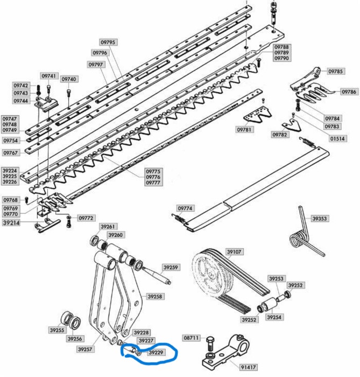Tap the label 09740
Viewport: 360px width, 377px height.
(69, 79)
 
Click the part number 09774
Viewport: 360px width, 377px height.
(185, 208)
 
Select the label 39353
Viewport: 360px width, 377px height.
(321, 219)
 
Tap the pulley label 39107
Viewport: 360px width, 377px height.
(235, 252)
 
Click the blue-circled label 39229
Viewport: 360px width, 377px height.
(156, 353)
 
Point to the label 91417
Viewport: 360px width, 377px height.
(244, 366)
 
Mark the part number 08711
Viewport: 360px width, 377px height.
(192, 338)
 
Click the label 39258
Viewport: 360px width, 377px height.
(155, 296)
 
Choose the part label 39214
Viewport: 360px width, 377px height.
(11, 222)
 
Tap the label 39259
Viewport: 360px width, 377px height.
(171, 267)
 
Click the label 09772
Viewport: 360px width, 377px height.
(86, 218)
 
